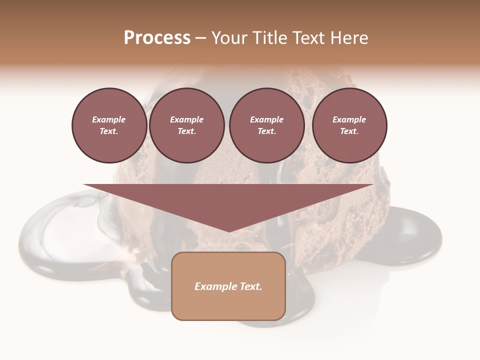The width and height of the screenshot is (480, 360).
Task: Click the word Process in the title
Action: [157, 38]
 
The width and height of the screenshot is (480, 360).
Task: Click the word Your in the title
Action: [229, 38]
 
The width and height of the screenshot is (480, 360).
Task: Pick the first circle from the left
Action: [109, 125]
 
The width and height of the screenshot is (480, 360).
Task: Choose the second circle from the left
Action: [186, 125]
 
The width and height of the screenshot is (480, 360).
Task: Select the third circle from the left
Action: [266, 125]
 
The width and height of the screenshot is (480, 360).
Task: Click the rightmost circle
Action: [349, 125]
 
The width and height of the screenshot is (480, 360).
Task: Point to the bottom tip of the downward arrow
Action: [228, 231]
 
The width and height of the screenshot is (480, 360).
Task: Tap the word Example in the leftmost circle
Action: [109, 119]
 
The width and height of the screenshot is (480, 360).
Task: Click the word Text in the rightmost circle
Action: [349, 131]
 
